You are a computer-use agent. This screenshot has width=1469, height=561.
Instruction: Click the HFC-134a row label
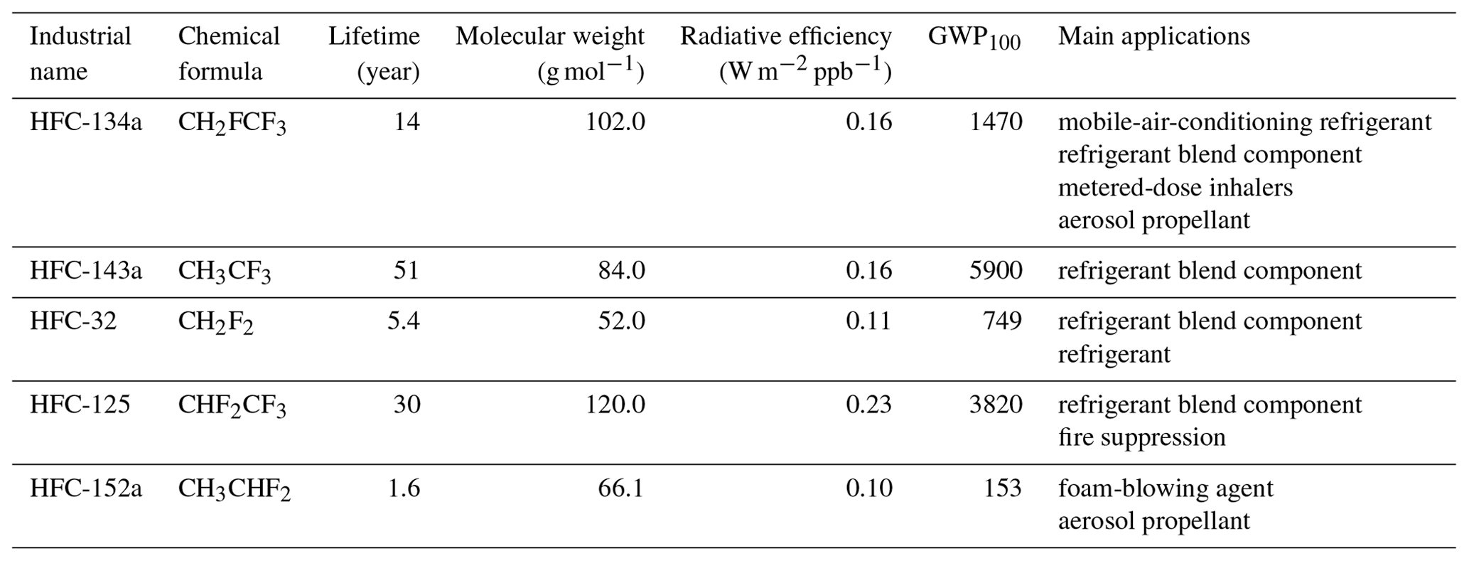tap(85, 122)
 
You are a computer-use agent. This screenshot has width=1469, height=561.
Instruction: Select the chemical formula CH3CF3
tap(224, 272)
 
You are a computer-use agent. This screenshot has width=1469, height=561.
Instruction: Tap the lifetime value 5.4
tap(403, 321)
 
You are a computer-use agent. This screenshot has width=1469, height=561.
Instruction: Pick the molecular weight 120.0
tap(615, 405)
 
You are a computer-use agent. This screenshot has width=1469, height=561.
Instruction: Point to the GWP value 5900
tap(996, 270)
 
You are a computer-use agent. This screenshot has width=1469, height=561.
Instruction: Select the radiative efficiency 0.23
tap(868, 405)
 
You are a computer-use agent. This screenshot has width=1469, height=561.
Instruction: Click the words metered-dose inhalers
tap(1175, 188)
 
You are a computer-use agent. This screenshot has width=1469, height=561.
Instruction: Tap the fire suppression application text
tap(1141, 437)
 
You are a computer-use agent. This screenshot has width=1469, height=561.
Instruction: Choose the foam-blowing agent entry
tap(1166, 488)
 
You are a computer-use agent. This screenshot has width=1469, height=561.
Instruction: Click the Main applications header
tap(1153, 36)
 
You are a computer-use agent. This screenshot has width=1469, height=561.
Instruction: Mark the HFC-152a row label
tap(85, 488)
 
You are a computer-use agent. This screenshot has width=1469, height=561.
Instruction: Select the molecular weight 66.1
tap(620, 488)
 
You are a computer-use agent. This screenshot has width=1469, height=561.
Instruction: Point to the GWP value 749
tap(1003, 321)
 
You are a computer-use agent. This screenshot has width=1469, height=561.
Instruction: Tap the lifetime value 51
tap(407, 270)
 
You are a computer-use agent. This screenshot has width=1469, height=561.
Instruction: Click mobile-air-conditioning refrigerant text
tap(1244, 122)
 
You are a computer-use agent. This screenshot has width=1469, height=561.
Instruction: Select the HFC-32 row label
tap(72, 321)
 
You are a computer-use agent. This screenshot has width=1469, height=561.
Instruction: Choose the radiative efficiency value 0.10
tap(868, 488)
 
